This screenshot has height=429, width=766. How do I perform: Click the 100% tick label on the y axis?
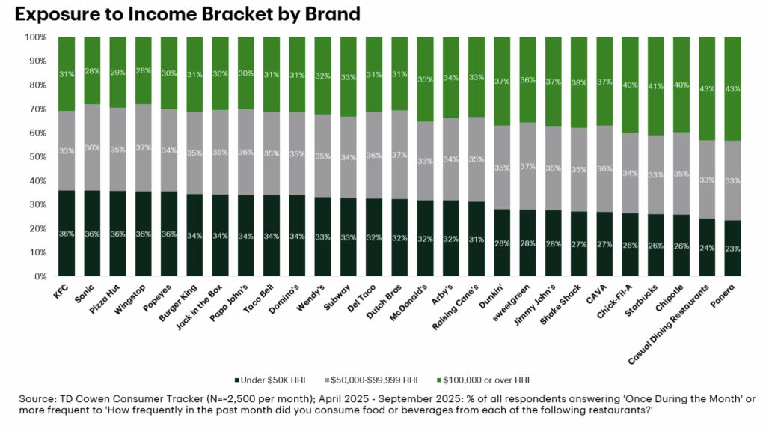point(34,37)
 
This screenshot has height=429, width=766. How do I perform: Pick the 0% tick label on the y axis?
point(39,276)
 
